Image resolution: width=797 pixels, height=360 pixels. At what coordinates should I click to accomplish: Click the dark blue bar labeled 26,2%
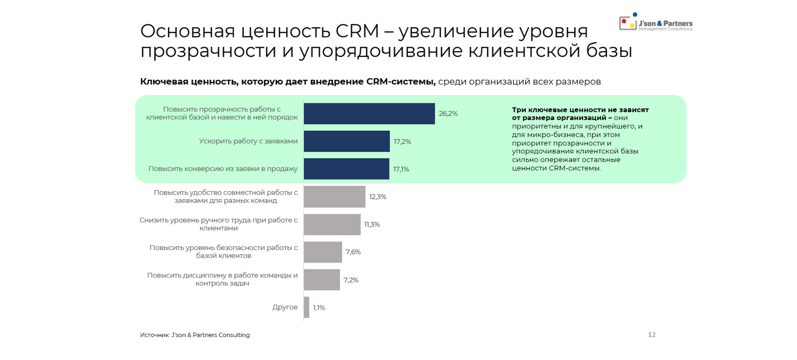[x=369, y=114]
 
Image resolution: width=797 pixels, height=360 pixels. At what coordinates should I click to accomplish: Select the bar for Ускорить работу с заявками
[x=347, y=141]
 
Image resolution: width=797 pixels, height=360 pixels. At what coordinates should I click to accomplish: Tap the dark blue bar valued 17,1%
[x=346, y=169]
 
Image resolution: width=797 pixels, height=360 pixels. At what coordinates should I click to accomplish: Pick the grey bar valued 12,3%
[x=334, y=197]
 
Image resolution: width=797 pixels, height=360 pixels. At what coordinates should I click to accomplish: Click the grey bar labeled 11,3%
[x=332, y=224]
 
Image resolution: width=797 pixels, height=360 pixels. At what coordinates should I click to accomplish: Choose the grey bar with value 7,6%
[x=323, y=252]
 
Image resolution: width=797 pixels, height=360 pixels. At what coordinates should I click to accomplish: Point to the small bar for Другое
[x=306, y=307]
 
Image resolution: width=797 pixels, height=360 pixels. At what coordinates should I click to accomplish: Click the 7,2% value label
[x=351, y=280]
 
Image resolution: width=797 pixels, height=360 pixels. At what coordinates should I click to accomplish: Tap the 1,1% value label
[x=319, y=307]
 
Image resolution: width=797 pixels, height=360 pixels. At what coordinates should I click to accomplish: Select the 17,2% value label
[x=402, y=142]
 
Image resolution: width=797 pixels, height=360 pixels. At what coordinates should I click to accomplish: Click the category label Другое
[x=285, y=307]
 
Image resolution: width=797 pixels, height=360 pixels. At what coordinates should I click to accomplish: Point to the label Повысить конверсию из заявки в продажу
[x=223, y=169]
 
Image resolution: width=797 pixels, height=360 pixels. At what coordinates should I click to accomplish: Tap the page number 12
[x=651, y=335]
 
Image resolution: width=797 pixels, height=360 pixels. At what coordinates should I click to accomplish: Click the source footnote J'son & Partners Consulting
[x=195, y=335]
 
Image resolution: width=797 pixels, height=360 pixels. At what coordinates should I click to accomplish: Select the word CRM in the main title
[x=357, y=31]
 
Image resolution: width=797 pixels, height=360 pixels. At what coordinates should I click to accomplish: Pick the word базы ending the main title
[x=609, y=51]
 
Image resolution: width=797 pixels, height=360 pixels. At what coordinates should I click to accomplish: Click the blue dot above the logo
[x=635, y=14]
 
